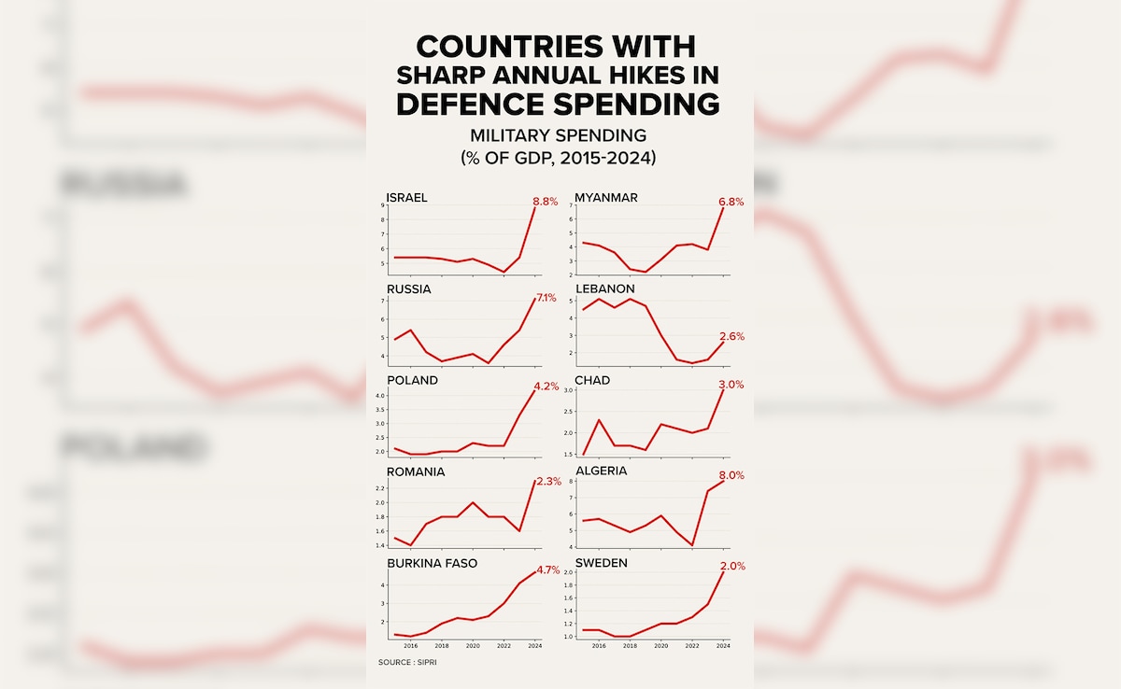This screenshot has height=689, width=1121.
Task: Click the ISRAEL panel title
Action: click(x=407, y=198)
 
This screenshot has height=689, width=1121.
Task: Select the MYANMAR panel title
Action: click(x=605, y=198)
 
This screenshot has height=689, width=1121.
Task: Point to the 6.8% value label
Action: click(x=731, y=202)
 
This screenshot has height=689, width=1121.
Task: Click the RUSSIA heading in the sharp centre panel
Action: click(x=409, y=289)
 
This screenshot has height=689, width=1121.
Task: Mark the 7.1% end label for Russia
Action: click(x=545, y=298)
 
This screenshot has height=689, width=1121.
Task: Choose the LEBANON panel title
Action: click(x=604, y=289)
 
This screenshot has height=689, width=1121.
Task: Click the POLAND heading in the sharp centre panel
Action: click(x=412, y=381)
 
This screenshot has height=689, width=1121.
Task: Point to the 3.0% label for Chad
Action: click(x=731, y=385)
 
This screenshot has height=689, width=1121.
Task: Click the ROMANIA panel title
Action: click(x=416, y=472)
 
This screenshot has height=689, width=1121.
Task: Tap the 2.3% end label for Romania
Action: click(x=548, y=481)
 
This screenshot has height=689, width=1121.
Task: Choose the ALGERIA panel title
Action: click(x=601, y=471)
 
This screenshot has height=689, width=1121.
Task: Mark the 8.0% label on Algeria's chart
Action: click(x=731, y=475)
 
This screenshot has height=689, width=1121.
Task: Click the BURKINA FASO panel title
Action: click(x=433, y=564)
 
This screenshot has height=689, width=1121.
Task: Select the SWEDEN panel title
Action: click(x=601, y=564)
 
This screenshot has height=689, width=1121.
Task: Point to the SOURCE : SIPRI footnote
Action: click(x=407, y=662)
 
